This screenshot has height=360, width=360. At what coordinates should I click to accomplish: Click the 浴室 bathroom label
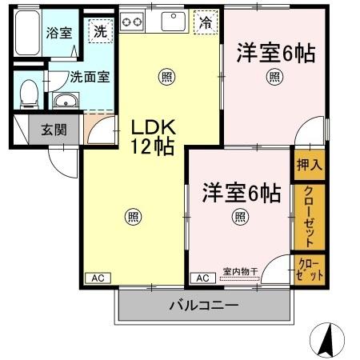(58, 33)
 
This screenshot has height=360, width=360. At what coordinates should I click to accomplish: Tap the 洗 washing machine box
(100, 31)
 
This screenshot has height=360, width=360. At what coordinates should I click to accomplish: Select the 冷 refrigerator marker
(206, 22)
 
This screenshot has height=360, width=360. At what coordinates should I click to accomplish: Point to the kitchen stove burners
(133, 21)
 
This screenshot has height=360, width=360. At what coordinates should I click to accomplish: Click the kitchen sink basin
(174, 22)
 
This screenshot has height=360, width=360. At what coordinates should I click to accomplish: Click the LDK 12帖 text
(153, 137)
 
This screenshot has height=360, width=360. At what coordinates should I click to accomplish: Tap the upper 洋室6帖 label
(274, 54)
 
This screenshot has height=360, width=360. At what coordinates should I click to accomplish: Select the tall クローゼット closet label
(308, 215)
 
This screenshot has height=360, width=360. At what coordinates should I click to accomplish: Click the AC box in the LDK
(97, 278)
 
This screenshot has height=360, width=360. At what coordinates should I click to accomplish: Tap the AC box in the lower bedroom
(202, 278)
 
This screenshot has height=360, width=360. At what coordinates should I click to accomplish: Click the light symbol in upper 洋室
(274, 78)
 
